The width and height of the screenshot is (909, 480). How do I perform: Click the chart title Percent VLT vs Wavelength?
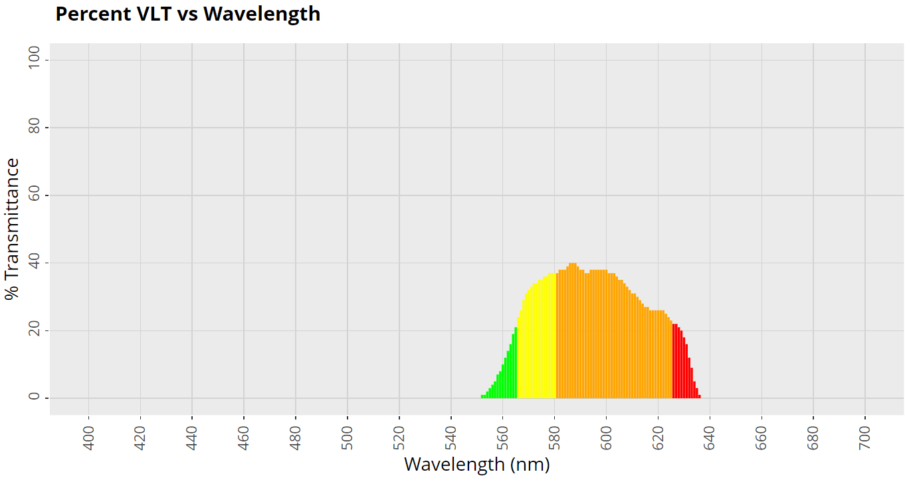point(187,14)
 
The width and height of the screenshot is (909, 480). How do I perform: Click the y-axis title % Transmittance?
point(13,229)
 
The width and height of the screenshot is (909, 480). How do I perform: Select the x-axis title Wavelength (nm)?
point(476,464)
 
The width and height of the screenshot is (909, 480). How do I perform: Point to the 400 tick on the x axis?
point(88,437)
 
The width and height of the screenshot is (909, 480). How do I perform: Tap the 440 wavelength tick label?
point(192,437)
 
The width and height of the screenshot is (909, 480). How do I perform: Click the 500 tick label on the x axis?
point(348,437)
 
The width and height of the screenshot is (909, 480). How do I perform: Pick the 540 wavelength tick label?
point(451,437)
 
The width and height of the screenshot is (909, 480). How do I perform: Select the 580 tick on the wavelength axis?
point(555,437)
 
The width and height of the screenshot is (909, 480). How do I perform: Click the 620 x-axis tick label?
point(658,437)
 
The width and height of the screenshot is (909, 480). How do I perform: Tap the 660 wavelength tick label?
point(762,437)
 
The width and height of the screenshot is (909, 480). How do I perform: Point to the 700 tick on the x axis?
point(866,437)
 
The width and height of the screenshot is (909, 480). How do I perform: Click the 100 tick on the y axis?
point(35,60)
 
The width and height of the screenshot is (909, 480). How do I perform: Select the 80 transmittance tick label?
point(35,128)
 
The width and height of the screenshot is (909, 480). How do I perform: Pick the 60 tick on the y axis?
point(35,195)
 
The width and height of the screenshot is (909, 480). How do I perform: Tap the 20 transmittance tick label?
point(35,330)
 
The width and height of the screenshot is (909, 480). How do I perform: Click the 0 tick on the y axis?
point(35,398)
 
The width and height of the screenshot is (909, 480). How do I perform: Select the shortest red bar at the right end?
point(699,397)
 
